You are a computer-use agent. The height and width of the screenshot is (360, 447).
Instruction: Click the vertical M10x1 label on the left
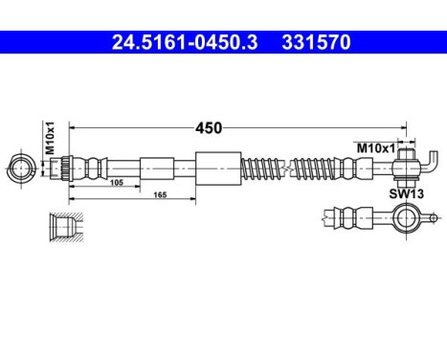[x=50, y=133]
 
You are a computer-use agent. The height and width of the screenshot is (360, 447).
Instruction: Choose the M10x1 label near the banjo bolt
[x=374, y=148]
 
